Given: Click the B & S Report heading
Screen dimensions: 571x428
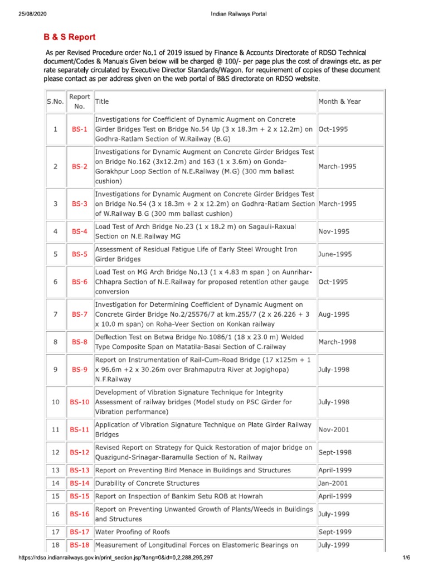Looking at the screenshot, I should pyautogui.click(x=70, y=37).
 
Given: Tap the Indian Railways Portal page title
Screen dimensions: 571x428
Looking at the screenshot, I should pyautogui.click(x=239, y=13).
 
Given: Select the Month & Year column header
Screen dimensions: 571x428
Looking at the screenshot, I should pyautogui.click(x=339, y=101).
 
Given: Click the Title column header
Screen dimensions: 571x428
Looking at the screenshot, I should pyautogui.click(x=102, y=101).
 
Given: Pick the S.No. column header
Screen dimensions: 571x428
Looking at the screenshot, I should pyautogui.click(x=55, y=101).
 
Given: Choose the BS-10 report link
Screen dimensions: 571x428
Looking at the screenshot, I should pyautogui.click(x=79, y=402).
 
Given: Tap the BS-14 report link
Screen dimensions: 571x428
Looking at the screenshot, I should pyautogui.click(x=79, y=483).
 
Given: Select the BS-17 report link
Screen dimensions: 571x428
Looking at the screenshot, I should pyautogui.click(x=79, y=532).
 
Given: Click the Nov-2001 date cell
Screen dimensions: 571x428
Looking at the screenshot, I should pyautogui.click(x=334, y=430).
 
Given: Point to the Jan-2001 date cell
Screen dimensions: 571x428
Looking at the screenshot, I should pyautogui.click(x=333, y=483).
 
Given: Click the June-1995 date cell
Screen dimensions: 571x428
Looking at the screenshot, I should pyautogui.click(x=335, y=254).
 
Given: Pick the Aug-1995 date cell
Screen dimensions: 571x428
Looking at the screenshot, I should pyautogui.click(x=334, y=314).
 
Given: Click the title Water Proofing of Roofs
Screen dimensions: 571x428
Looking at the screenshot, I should pyautogui.click(x=133, y=532).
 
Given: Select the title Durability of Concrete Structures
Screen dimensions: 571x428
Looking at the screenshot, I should pyautogui.click(x=147, y=483).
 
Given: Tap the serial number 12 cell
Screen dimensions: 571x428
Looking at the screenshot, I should pyautogui.click(x=55, y=452).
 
